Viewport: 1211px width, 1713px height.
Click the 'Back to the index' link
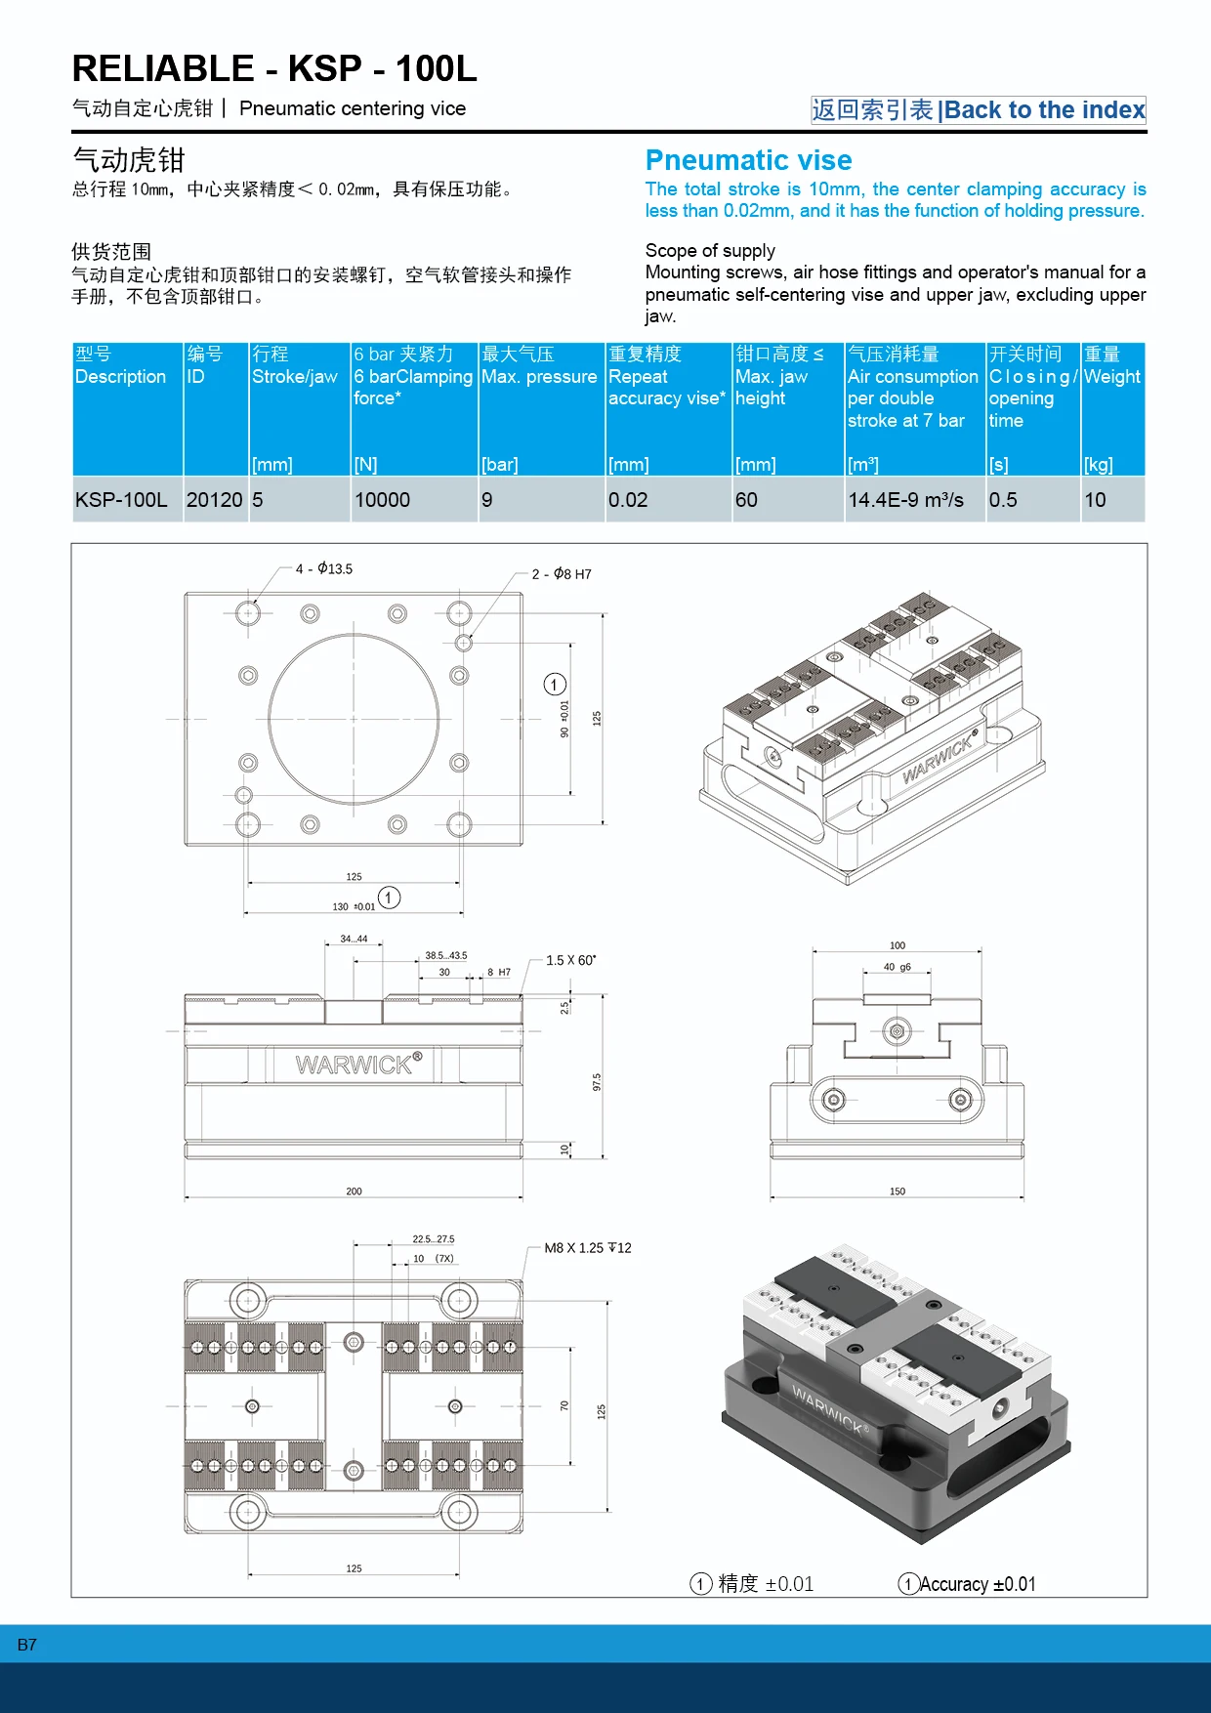pyautogui.click(x=1043, y=110)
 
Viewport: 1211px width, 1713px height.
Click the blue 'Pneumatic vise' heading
pyautogui.click(x=748, y=160)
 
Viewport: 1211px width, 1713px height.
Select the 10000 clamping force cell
pyautogui.click(x=382, y=500)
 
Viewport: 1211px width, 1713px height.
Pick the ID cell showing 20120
pyautogui.click(x=214, y=500)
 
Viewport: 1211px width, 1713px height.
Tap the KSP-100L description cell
pyautogui.click(x=121, y=500)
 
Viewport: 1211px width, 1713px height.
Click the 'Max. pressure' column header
pyautogui.click(x=539, y=377)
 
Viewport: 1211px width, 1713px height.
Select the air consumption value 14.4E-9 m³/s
pyautogui.click(x=905, y=500)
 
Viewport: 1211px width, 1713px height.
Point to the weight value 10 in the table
pyautogui.click(x=1095, y=500)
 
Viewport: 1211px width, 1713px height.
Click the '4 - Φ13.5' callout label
pyautogui.click(x=324, y=568)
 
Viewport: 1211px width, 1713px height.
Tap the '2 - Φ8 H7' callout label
pyautogui.click(x=562, y=574)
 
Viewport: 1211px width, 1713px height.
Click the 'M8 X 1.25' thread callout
pyautogui.click(x=587, y=1248)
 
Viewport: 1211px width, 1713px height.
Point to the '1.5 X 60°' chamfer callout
pyautogui.click(x=570, y=961)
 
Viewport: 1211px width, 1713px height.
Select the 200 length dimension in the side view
pyautogui.click(x=354, y=1191)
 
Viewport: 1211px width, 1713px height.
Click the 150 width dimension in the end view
pyautogui.click(x=897, y=1191)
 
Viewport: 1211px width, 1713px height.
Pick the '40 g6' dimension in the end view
pyautogui.click(x=897, y=967)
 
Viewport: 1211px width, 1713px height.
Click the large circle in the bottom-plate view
pyautogui.click(x=354, y=719)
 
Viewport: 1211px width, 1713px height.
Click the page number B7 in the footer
pyautogui.click(x=27, y=1645)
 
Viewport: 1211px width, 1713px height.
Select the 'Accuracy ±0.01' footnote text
pyautogui.click(x=977, y=1584)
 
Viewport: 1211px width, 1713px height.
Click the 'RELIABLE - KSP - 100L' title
pyautogui.click(x=274, y=69)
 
